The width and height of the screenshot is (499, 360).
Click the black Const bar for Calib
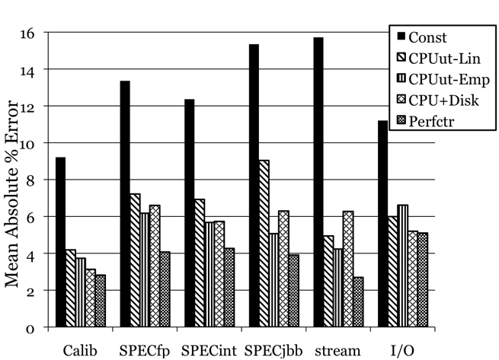point(60,243)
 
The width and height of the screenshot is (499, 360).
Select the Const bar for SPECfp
point(124,205)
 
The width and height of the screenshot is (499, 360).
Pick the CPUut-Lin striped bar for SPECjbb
point(264,244)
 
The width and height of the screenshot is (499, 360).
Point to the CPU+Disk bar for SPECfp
point(155,266)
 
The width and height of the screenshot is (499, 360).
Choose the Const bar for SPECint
point(189,214)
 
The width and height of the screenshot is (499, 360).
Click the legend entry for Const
point(427,36)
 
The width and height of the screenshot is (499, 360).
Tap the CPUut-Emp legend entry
point(439,78)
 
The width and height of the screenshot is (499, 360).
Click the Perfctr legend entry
point(431,119)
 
